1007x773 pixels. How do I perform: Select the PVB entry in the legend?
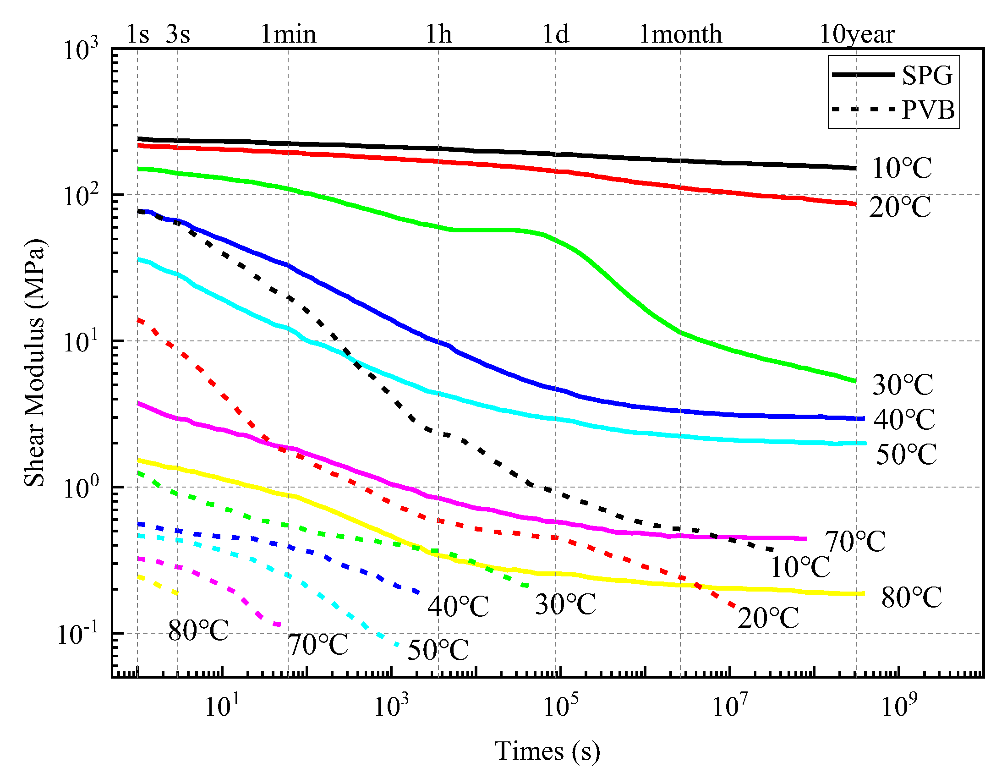click(x=927, y=110)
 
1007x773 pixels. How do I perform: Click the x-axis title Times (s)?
click(x=547, y=751)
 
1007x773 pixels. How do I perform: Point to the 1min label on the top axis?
click(x=289, y=34)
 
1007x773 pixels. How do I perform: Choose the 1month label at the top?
click(x=680, y=34)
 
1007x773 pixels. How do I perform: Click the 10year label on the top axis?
click(x=857, y=34)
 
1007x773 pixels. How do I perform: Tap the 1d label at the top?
click(x=555, y=34)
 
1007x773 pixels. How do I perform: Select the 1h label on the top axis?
click(x=438, y=34)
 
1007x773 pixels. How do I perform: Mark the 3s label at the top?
click(x=178, y=34)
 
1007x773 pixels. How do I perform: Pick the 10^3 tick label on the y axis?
click(x=81, y=49)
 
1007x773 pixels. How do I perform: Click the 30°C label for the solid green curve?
click(x=903, y=384)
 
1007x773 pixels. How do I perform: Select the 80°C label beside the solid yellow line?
click(x=911, y=598)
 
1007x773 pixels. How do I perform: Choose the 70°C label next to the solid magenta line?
click(x=855, y=541)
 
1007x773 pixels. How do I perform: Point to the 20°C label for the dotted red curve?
click(x=768, y=618)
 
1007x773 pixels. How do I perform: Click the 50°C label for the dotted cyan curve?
click(x=438, y=650)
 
